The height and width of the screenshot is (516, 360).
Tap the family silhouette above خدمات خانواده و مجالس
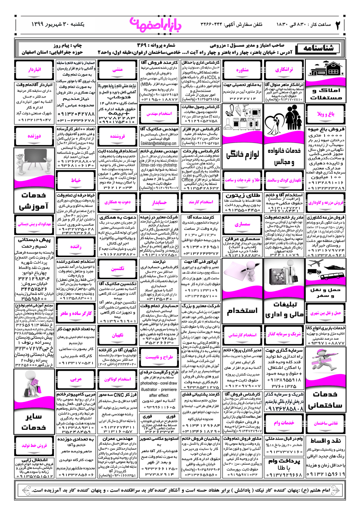(x=284, y=117)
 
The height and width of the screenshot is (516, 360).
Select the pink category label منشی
(x=118, y=69)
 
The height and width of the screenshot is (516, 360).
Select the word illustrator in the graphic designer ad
(x=149, y=389)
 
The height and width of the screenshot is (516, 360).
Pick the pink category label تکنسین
(x=118, y=269)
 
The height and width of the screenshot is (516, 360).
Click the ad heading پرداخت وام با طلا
(x=284, y=464)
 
